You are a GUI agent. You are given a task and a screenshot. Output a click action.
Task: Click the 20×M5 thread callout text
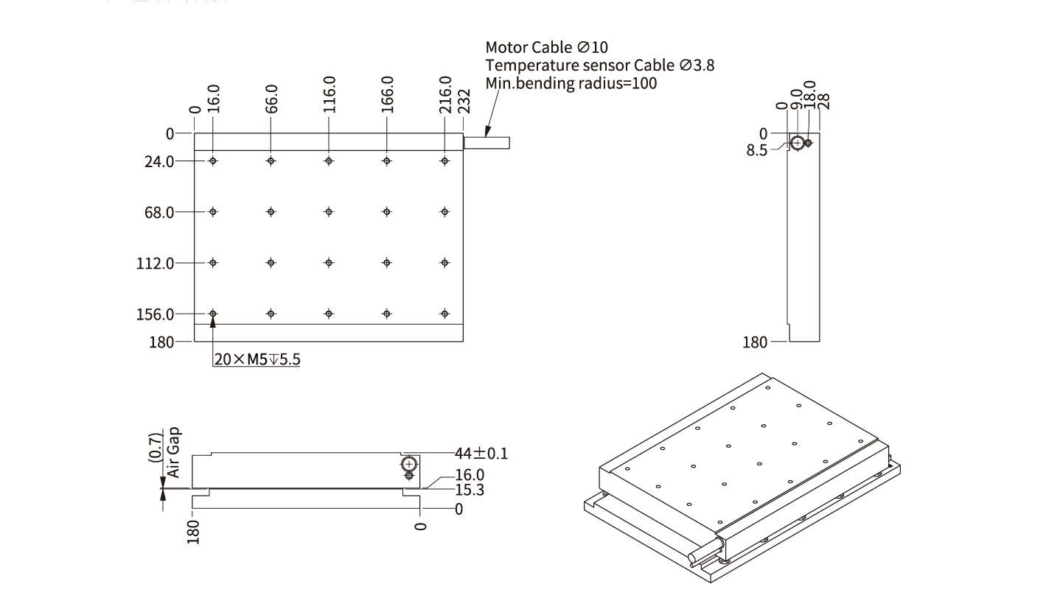point(257,360)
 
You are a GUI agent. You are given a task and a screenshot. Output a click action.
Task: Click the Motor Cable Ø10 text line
point(547,48)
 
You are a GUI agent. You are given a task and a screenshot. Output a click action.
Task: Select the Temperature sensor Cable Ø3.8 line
point(599,65)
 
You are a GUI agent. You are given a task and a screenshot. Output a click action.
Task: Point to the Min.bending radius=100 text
point(571,82)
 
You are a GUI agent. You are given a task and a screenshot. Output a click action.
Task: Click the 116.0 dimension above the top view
point(329,94)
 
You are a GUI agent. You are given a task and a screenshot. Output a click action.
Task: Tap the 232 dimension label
point(464,101)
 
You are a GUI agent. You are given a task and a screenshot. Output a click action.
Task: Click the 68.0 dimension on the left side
point(159,212)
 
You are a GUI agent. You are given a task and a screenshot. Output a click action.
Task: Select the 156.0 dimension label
point(156,314)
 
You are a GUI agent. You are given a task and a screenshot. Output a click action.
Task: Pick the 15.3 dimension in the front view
point(470,490)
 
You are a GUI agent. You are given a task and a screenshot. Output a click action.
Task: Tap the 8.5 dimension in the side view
point(756,149)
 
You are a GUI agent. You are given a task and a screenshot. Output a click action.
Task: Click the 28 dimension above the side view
point(824,100)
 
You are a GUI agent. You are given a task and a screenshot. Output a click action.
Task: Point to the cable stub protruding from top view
point(487,143)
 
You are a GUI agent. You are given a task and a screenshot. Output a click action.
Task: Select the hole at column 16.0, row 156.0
point(213,314)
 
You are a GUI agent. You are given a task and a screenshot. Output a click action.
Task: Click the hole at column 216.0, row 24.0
point(444,161)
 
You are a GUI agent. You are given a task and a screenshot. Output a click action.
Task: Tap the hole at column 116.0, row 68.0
point(329,212)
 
